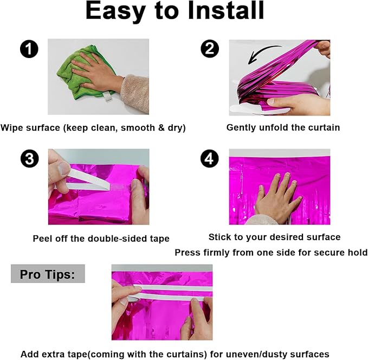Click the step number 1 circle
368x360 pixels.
pos(29,49)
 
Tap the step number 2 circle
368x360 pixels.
pos(210,49)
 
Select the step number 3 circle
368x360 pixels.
pos(30,158)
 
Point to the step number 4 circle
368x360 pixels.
pos(210,158)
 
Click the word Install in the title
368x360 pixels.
pos(226,10)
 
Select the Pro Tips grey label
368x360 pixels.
pos(48,274)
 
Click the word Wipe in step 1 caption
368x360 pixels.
pos(11,128)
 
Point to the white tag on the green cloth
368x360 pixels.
pos(107,97)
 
